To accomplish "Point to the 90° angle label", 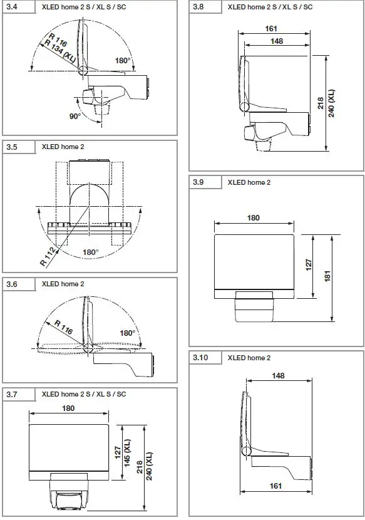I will click(x=75, y=117).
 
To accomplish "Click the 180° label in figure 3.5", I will click(x=91, y=252).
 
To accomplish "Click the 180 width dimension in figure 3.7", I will click(x=68, y=408).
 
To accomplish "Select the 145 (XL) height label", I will click(x=127, y=453).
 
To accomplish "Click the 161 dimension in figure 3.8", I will click(x=270, y=29).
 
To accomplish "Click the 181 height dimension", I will click(x=327, y=276).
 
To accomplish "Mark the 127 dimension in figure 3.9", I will click(x=308, y=266).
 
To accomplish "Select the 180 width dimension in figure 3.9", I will click(x=254, y=218).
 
